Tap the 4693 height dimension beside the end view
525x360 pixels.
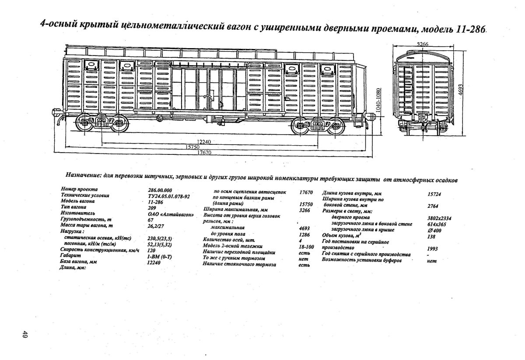click(460, 90)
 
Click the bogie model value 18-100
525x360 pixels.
click(306, 247)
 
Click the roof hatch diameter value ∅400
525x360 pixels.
click(433, 230)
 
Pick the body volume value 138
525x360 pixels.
click(431, 236)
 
